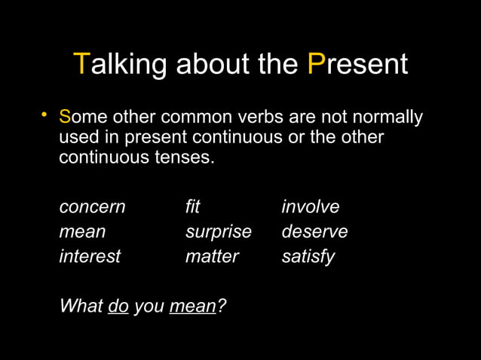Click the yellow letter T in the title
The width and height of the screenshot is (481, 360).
tap(81, 65)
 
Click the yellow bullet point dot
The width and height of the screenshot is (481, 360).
tap(44, 115)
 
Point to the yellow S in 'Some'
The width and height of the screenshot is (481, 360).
tap(65, 118)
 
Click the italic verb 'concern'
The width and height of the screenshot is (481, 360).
tap(92, 207)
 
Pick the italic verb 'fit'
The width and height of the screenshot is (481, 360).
tap(192, 207)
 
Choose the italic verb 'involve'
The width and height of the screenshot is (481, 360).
tap(310, 207)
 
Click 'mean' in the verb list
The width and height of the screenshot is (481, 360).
tap(82, 232)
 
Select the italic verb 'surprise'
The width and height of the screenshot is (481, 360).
tap(218, 232)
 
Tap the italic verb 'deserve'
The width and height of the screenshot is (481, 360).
tap(314, 232)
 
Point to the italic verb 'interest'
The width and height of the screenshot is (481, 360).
tap(90, 257)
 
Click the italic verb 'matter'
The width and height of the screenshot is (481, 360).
tap(212, 257)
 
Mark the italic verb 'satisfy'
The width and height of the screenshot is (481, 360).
tap(308, 257)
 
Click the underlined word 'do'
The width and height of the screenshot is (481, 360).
tap(118, 307)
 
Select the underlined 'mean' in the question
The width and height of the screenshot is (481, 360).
tap(193, 307)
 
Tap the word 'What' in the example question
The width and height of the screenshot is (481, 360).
tap(81, 307)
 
